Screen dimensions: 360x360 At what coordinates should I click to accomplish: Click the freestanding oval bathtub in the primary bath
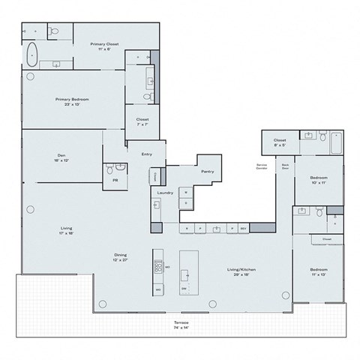point(31,53)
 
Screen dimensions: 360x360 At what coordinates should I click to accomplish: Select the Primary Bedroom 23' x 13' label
point(71,100)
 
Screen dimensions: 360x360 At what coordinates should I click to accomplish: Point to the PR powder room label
point(115,180)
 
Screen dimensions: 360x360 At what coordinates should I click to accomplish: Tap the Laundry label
point(165,193)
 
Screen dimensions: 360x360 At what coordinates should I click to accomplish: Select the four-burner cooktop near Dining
point(158,265)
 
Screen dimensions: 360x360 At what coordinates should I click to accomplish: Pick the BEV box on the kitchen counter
point(243,227)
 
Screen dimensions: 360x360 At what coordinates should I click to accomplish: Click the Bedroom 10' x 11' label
point(319,179)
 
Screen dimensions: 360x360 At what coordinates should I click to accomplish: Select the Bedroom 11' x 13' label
point(319,271)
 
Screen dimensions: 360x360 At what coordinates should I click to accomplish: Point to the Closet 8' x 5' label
point(280,141)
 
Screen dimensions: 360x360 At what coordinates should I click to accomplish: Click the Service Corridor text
point(262,166)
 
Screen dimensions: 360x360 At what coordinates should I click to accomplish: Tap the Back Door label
point(285,166)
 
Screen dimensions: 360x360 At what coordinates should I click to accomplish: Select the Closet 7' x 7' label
point(142,121)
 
